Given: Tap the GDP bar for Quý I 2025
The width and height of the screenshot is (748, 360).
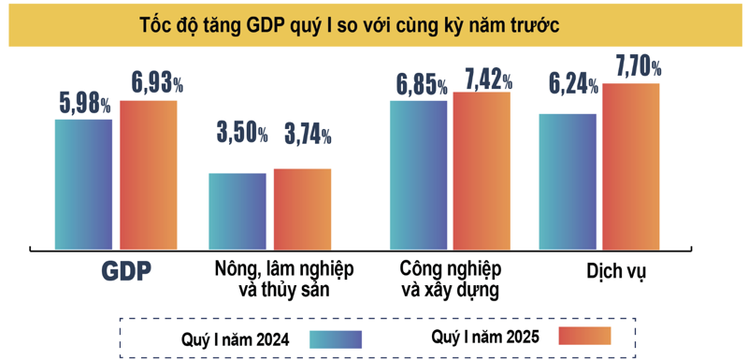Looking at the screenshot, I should point(148,174).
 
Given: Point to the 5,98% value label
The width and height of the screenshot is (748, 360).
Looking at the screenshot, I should point(84,104).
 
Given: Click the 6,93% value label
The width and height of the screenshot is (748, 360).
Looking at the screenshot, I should point(149,83).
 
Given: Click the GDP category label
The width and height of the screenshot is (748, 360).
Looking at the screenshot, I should point(126,270).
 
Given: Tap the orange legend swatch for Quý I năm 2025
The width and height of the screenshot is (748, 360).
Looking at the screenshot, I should point(584,336).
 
